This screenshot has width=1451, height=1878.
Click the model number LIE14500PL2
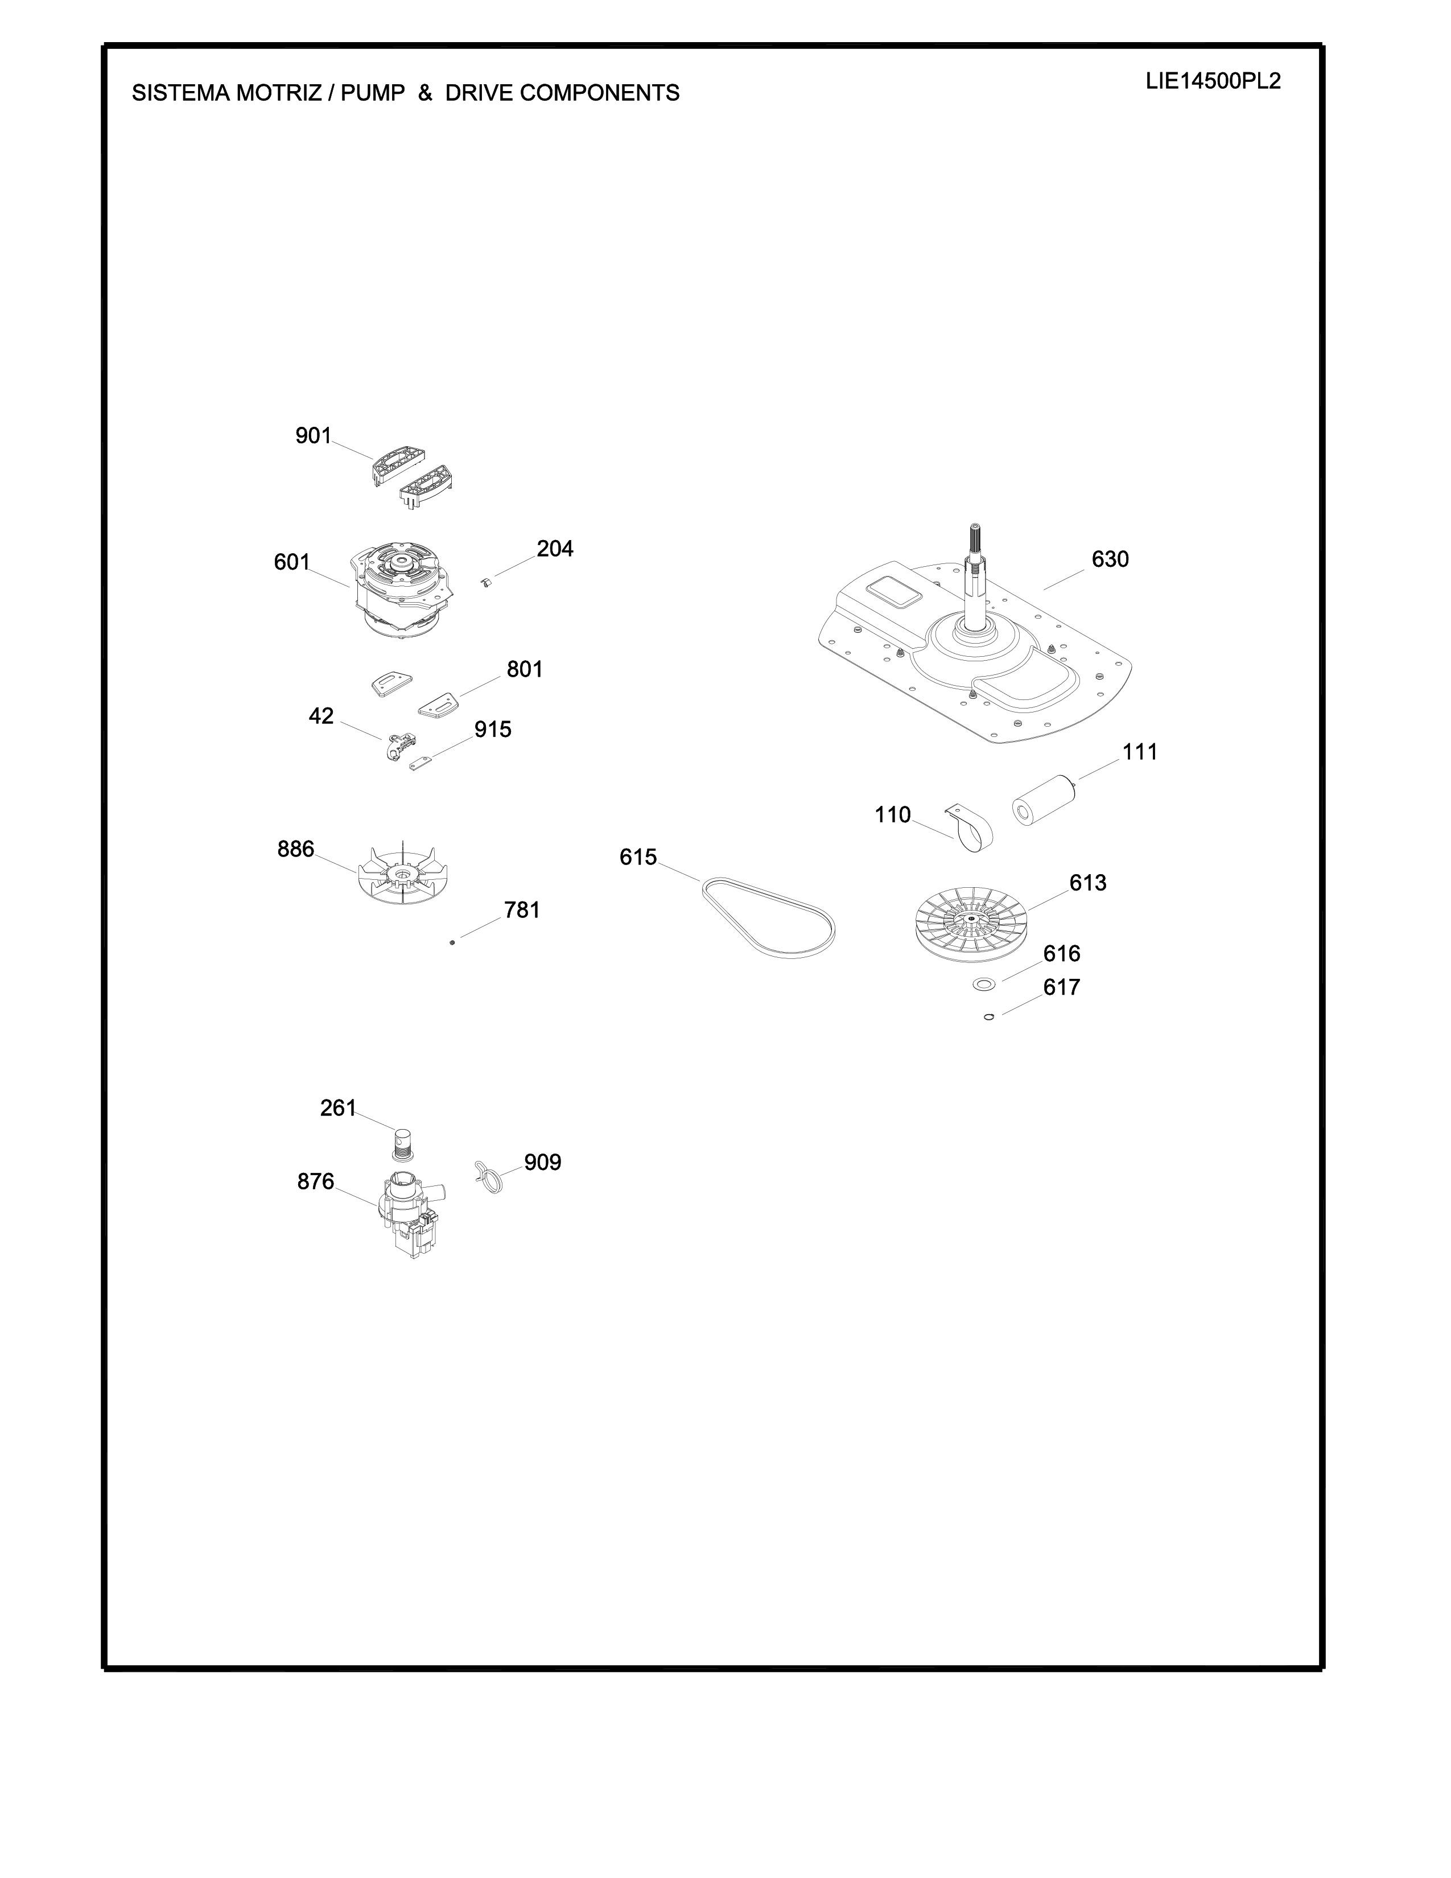point(1213,82)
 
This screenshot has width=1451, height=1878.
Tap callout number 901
point(313,436)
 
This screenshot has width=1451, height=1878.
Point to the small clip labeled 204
point(486,584)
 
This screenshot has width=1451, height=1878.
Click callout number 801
point(525,669)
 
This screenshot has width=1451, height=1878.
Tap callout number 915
point(493,729)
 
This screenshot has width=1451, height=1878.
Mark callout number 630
point(1110,559)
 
